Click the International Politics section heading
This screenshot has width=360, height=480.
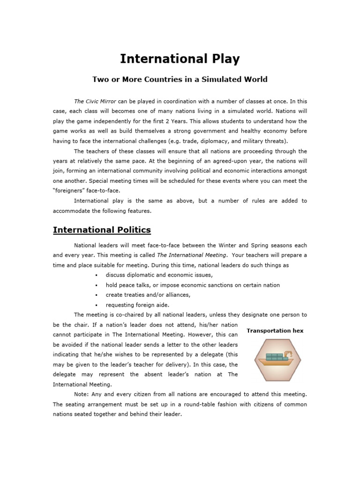point(102,230)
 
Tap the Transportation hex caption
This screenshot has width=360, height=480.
point(275,330)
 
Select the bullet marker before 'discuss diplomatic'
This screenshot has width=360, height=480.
point(96,275)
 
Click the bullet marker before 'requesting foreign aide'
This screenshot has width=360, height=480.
point(96,305)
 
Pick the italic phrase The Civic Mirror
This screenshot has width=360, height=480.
point(96,101)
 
